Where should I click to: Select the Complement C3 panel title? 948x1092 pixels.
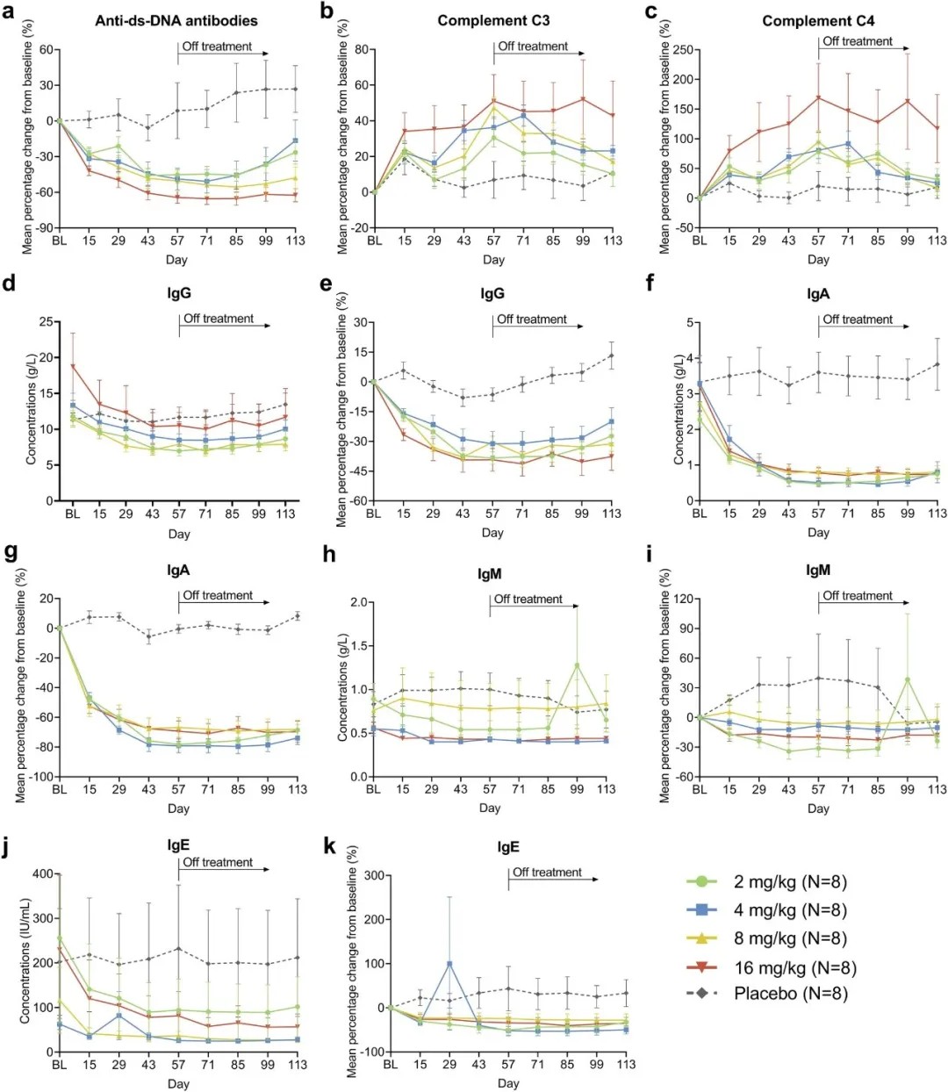click(493, 20)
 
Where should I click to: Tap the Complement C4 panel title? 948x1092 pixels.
click(818, 20)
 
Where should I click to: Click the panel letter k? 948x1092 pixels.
click(330, 846)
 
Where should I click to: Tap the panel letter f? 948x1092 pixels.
click(651, 284)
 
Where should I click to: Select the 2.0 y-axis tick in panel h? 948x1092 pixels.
click(356, 602)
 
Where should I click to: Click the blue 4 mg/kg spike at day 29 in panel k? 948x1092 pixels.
click(449, 964)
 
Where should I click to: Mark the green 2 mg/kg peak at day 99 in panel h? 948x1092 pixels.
click(577, 665)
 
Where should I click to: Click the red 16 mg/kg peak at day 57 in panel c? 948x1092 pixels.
click(818, 97)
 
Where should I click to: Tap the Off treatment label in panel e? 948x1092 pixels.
click(532, 320)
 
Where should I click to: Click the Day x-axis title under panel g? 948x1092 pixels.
click(178, 808)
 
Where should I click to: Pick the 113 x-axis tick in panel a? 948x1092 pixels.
click(296, 241)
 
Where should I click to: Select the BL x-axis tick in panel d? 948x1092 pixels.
click(73, 514)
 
